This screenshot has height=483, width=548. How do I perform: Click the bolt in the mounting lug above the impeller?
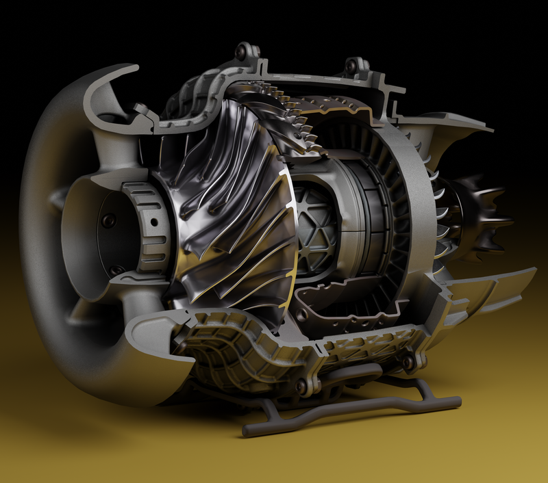pos(241,50)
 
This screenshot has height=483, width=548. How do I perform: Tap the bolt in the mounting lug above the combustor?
pos(352,65)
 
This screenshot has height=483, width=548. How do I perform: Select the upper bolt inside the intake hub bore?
pos(108,220)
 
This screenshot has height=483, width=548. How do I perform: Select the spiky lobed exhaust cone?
pos(480,212)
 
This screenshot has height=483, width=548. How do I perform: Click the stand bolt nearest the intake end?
pos(300,387)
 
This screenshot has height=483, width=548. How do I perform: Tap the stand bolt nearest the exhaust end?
pos(409,362)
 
